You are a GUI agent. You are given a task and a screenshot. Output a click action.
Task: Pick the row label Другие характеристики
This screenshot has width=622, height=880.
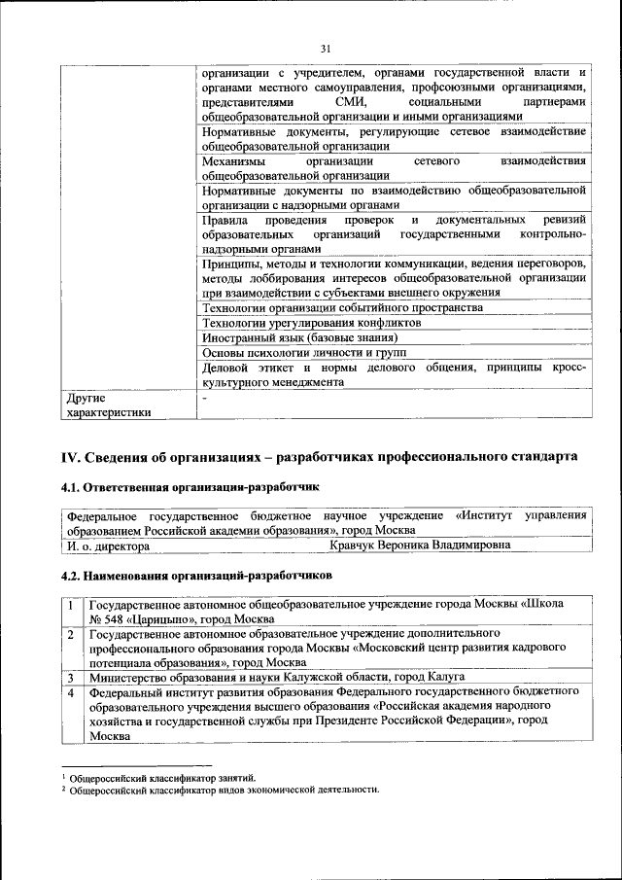click(x=107, y=405)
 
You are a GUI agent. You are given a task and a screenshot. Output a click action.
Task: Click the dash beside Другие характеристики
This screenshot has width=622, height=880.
click(x=204, y=398)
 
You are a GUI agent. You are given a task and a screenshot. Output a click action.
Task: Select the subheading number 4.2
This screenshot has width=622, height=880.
click(x=72, y=576)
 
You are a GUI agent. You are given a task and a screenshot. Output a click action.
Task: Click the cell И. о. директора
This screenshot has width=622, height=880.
click(x=107, y=546)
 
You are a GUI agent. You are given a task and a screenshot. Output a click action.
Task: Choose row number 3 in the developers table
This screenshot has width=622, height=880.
click(x=71, y=677)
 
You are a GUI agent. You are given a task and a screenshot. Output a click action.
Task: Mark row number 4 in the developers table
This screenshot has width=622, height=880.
click(x=71, y=692)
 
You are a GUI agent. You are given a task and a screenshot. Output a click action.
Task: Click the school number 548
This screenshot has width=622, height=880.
click(x=118, y=618)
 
